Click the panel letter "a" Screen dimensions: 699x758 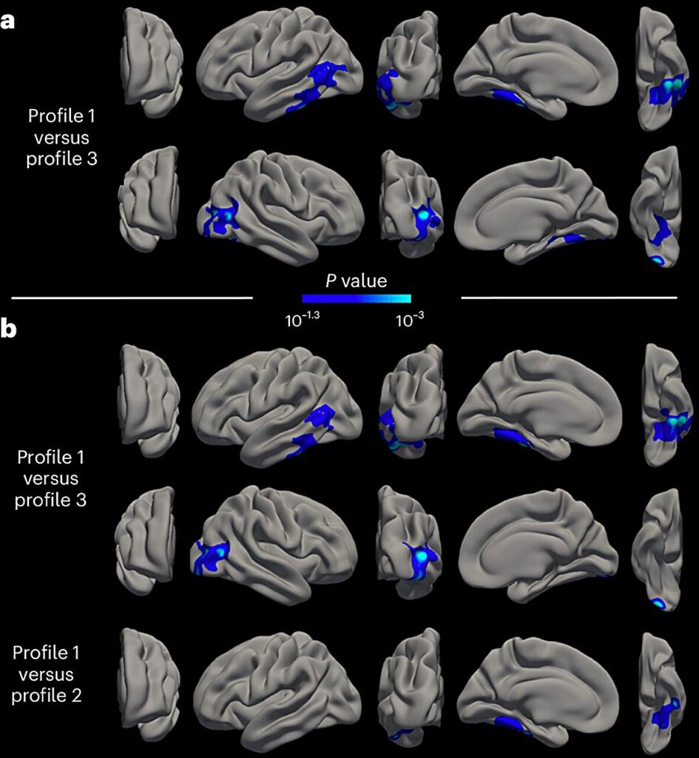(x=7, y=21)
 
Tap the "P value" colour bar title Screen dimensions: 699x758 (x=357, y=281)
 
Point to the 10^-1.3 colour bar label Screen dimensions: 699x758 (x=303, y=320)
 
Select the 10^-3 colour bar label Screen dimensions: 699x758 (x=410, y=320)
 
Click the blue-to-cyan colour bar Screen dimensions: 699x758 (x=357, y=298)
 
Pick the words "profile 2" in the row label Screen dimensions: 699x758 (x=47, y=696)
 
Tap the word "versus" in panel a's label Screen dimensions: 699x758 (x=61, y=138)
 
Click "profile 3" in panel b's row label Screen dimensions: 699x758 (x=50, y=500)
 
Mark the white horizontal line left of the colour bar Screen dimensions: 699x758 (x=132, y=298)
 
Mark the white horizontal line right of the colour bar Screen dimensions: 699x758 (x=569, y=298)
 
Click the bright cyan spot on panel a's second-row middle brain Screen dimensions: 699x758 (x=424, y=214)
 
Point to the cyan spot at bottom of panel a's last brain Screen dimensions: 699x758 (x=658, y=260)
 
